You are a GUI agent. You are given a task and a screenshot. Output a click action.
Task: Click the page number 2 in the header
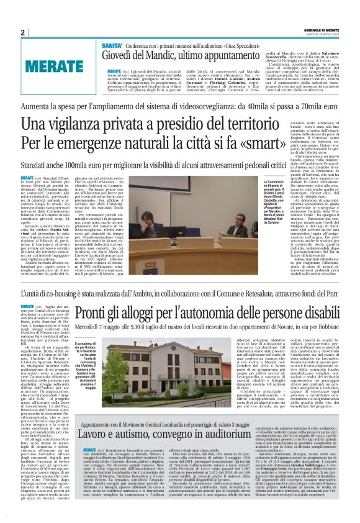(23, 33)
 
